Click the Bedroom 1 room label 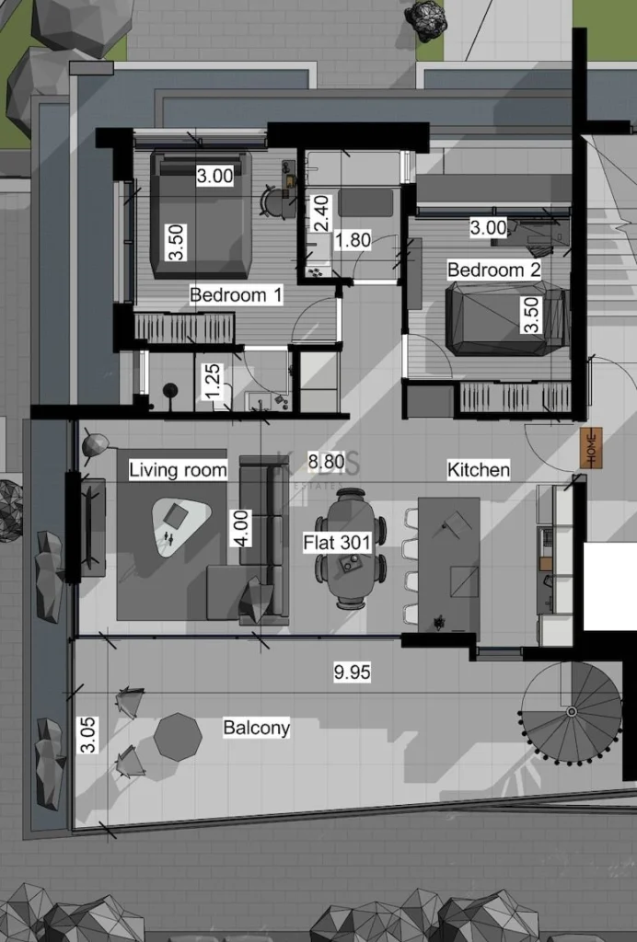tap(236, 295)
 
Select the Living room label tap(178, 470)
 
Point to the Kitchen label tap(478, 470)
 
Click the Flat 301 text tap(337, 543)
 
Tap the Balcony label tap(256, 728)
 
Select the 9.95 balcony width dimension tap(352, 672)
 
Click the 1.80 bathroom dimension tap(352, 240)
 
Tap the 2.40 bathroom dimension tap(318, 213)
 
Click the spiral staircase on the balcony tap(571, 711)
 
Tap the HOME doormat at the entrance tap(591, 448)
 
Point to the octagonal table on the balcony tap(177, 736)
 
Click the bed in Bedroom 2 tap(504, 318)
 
